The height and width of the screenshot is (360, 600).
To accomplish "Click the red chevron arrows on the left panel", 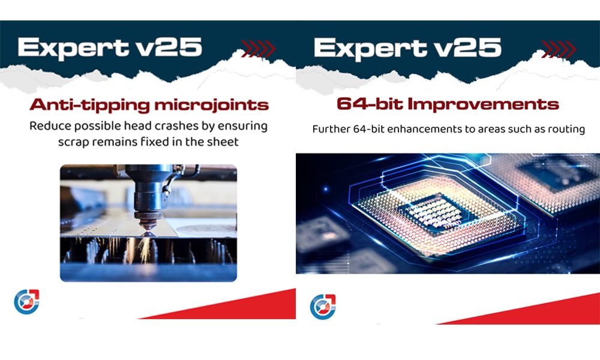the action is click(x=258, y=49).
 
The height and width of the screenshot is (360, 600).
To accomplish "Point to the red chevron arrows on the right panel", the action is click(x=559, y=49).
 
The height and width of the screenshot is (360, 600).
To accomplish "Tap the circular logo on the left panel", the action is click(x=26, y=301).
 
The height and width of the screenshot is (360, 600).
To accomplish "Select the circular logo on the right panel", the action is click(x=323, y=307).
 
